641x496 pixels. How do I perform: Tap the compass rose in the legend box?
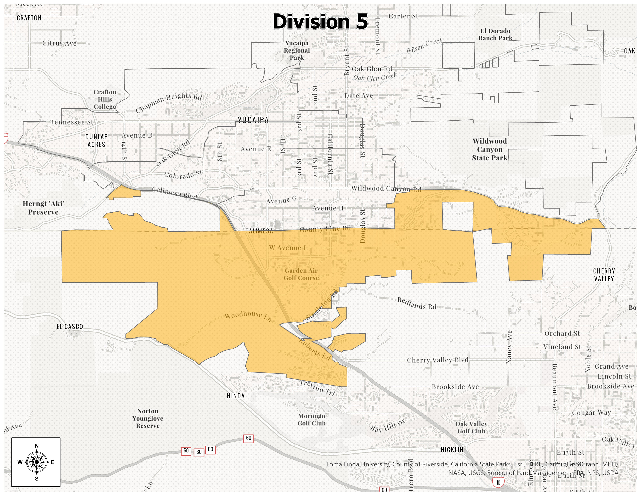coord(36,462)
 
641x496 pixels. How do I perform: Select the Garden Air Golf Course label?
coord(301,274)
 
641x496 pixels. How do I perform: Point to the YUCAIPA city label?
coord(253,120)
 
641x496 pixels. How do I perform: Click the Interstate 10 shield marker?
coord(498,483)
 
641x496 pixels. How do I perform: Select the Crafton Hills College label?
coord(105,99)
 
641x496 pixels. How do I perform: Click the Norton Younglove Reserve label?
coord(148,418)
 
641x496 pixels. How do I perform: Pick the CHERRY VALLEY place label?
coord(604,275)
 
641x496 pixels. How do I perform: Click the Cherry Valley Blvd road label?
coord(437,360)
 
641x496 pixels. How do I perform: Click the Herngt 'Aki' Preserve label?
coord(43,208)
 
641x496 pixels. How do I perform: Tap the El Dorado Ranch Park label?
coord(495,34)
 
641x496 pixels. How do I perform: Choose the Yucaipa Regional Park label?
coord(297,50)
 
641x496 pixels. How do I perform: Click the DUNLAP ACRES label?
coord(96,140)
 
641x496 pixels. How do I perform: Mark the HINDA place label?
coord(236,396)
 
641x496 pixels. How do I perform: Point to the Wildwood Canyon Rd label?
coord(386,189)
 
